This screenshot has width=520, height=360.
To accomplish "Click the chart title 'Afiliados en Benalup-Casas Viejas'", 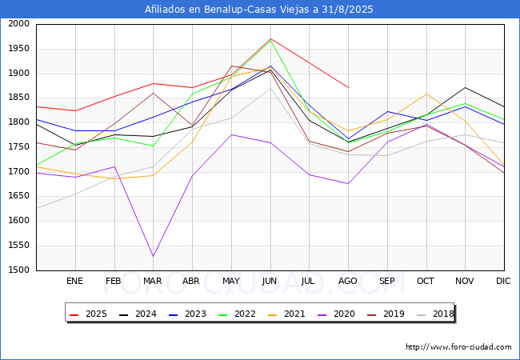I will [259, 10].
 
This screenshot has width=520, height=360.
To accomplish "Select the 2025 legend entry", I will [87, 314].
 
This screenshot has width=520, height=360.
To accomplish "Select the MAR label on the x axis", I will [153, 282].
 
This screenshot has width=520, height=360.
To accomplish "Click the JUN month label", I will [270, 282].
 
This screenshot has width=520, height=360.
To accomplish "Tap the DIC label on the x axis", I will [503, 282].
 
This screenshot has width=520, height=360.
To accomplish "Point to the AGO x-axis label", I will [347, 282].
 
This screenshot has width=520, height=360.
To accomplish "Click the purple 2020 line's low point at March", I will [153, 256].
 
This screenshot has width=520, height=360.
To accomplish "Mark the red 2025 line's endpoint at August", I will [348, 87].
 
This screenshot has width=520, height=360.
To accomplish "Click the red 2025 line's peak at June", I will [270, 38].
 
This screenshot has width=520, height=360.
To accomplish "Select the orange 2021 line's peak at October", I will [426, 94].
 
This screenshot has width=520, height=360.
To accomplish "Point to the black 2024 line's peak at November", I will [465, 87].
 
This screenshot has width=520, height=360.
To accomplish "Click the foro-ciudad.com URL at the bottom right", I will [458, 347].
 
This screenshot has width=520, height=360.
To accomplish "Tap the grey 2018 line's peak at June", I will [270, 88].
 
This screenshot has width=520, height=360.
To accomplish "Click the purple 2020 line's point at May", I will [231, 134].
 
